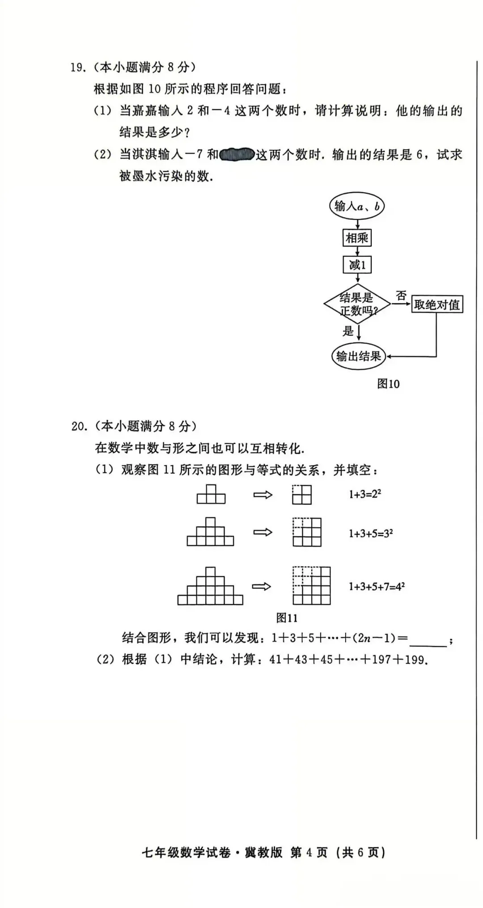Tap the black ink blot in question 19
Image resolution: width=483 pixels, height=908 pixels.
[237, 155]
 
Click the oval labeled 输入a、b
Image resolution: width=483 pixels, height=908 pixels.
[357, 206]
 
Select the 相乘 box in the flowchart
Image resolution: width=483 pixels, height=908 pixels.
[357, 238]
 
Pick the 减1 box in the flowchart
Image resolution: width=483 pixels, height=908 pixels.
[357, 265]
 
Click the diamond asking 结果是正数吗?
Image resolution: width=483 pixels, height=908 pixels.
[357, 304]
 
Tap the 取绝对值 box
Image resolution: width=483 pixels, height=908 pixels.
[436, 305]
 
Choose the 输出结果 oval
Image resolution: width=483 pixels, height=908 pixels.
[358, 356]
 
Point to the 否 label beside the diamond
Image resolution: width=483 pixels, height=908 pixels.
[401, 296]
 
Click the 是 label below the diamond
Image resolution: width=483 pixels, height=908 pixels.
[348, 331]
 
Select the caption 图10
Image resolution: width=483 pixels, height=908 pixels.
[388, 384]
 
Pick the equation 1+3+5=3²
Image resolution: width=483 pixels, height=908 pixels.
[371, 533]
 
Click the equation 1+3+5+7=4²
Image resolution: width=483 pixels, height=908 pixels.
[377, 587]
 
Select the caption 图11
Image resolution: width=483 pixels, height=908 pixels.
[287, 618]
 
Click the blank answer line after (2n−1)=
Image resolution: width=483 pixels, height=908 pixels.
[428, 640]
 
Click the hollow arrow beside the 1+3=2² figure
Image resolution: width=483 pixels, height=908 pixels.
[263, 494]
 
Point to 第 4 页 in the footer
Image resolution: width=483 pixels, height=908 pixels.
[309, 853]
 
